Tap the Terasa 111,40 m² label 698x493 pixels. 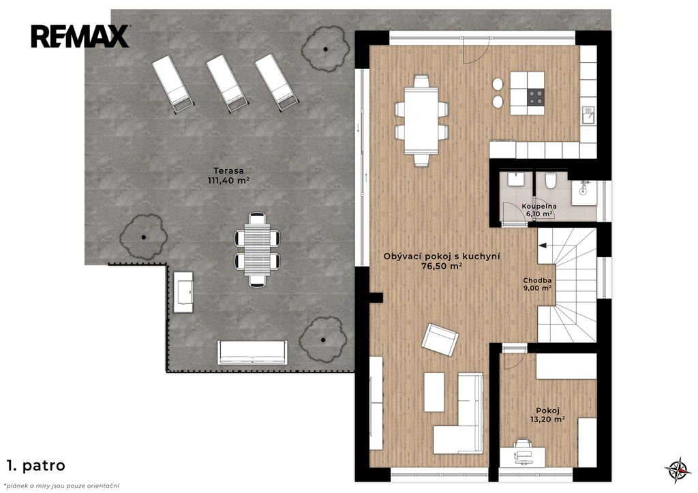[x=228, y=175]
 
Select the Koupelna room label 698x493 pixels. [x=539, y=206]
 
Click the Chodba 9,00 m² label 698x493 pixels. [x=537, y=284]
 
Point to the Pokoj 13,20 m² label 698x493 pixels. [x=547, y=415]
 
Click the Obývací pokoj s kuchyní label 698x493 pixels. [x=442, y=256]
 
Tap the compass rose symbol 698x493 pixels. [x=678, y=470]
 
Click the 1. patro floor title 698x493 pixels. [x=36, y=466]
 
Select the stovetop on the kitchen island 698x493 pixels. [x=536, y=97]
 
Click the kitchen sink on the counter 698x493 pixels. [x=588, y=115]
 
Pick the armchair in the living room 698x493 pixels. [x=440, y=340]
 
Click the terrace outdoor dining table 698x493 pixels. [x=257, y=250]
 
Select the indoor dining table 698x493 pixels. [x=421, y=121]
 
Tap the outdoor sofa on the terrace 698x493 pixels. [x=252, y=353]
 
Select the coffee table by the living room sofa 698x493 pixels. [x=434, y=392]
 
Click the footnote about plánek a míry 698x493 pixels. [x=61, y=486]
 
